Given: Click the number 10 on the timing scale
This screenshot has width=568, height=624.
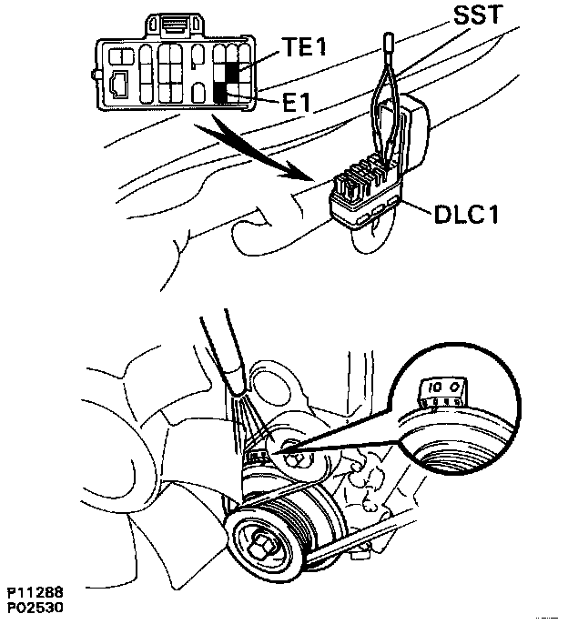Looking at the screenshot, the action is click(x=435, y=388).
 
